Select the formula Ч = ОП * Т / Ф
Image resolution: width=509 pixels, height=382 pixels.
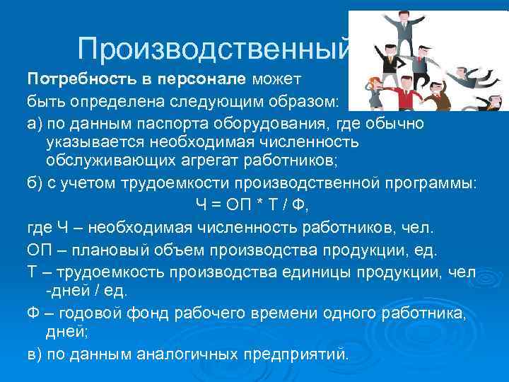coord(252,206)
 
